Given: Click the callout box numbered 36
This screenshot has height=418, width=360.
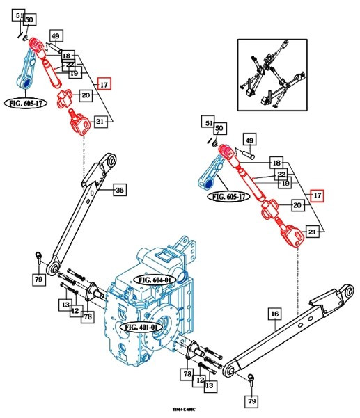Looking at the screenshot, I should point(119,189).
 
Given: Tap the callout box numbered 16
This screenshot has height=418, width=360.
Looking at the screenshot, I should point(274,314).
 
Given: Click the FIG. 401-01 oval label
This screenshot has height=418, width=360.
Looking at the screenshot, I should point(141,325).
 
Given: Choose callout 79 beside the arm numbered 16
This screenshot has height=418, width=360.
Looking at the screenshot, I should point(250,401).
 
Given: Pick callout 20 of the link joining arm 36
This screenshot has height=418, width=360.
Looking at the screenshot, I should point(86,95).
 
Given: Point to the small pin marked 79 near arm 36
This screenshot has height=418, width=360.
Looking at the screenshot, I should point(39,258).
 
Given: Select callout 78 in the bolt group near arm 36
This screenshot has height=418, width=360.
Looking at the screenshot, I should point(88,317).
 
